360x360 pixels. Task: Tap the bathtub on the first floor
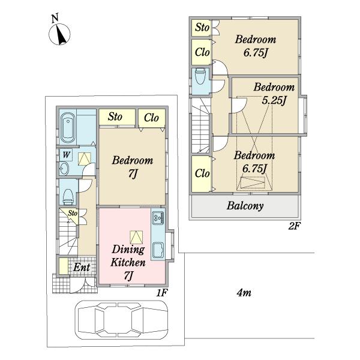click(x=68, y=128)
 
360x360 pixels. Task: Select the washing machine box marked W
click(x=66, y=155)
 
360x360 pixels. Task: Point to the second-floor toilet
click(x=200, y=76)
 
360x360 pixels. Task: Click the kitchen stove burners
click(x=158, y=218)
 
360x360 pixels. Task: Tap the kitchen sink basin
click(x=158, y=250)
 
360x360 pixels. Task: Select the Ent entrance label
click(x=82, y=268)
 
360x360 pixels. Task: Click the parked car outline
click(x=121, y=320)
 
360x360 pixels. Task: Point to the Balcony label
click(x=245, y=206)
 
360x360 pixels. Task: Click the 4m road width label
click(x=244, y=293)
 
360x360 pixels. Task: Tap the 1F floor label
click(x=162, y=293)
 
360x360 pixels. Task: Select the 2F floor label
click(x=295, y=226)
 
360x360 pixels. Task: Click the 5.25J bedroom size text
click(x=274, y=100)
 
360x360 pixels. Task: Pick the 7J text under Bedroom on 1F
click(x=133, y=173)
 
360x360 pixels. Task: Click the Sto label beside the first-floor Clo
click(x=115, y=116)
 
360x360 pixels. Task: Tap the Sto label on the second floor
click(x=202, y=28)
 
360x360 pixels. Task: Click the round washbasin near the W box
click(x=64, y=169)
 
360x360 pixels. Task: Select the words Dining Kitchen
click(x=128, y=256)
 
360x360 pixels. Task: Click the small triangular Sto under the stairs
click(x=72, y=214)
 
